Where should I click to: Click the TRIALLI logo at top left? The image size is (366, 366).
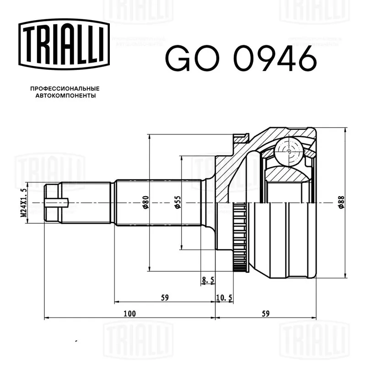[64, 44]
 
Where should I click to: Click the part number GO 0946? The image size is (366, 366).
[241, 59]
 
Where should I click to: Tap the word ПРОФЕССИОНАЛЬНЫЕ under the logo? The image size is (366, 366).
[65, 89]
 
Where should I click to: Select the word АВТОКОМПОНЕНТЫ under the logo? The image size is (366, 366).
[65, 96]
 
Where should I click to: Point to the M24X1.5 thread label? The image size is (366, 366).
[24, 203]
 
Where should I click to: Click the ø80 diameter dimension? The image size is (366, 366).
[145, 202]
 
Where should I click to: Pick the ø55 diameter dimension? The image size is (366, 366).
[178, 202]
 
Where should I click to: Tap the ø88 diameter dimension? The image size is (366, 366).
[341, 202]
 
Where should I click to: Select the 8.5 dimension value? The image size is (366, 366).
[208, 280]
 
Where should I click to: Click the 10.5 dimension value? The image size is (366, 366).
[224, 298]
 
